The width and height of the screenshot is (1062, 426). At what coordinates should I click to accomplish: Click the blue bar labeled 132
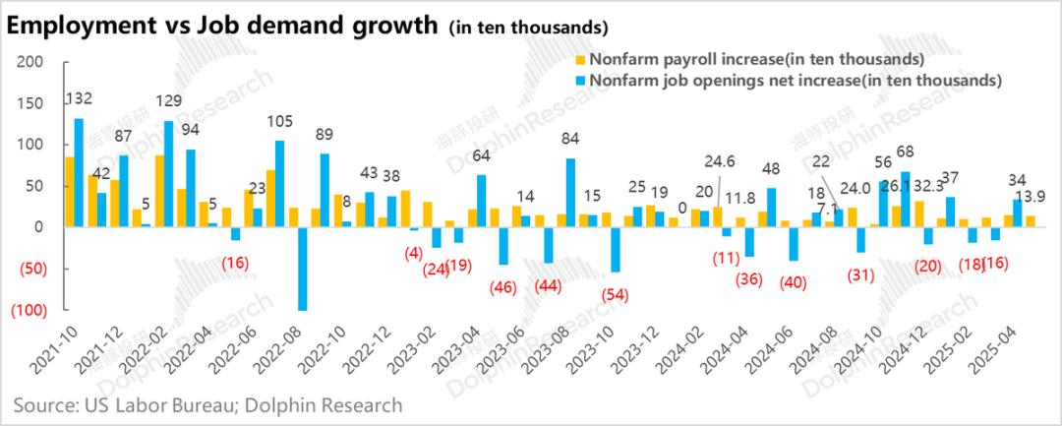(79, 172)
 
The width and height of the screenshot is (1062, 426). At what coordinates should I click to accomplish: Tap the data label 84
(569, 140)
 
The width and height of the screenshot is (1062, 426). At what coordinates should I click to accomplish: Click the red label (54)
(617, 293)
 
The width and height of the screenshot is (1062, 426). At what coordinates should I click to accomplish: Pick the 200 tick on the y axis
(30, 61)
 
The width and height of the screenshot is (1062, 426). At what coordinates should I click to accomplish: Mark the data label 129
(169, 100)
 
